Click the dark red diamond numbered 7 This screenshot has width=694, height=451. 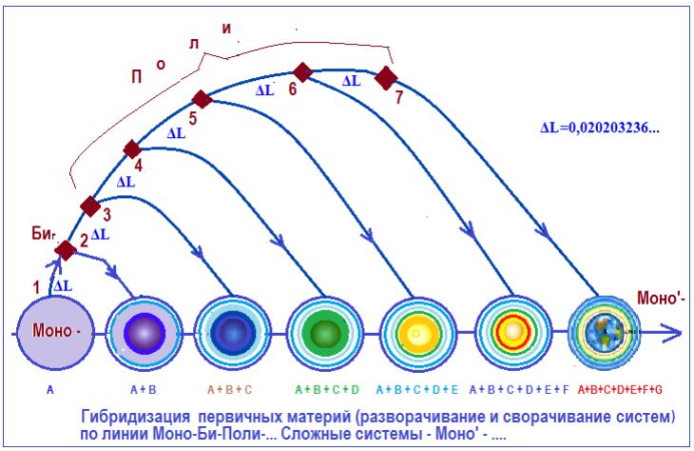[x=386, y=78]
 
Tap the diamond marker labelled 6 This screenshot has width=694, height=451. [x=302, y=72]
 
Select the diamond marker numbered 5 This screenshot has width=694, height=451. [x=202, y=99]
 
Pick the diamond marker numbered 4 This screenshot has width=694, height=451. [x=132, y=149]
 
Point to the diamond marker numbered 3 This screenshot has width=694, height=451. [x=90, y=206]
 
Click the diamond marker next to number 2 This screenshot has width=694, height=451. [x=66, y=250]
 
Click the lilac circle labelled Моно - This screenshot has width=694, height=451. [x=56, y=332]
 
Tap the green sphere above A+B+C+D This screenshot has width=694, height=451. [x=325, y=334]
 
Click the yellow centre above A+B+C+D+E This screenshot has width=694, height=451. [x=416, y=334]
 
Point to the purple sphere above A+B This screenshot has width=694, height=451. [x=145, y=333]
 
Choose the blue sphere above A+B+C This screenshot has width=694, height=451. [x=233, y=332]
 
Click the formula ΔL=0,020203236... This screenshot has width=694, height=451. [x=600, y=127]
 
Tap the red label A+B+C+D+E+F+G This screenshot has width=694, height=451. [x=620, y=390]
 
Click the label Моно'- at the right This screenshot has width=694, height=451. [x=661, y=298]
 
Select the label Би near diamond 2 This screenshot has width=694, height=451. [x=43, y=233]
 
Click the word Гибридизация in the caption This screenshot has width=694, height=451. [x=135, y=417]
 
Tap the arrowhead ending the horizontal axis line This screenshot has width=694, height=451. [x=672, y=333]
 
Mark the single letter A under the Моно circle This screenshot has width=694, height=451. [x=50, y=390]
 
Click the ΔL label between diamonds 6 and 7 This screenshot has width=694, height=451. [x=352, y=81]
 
